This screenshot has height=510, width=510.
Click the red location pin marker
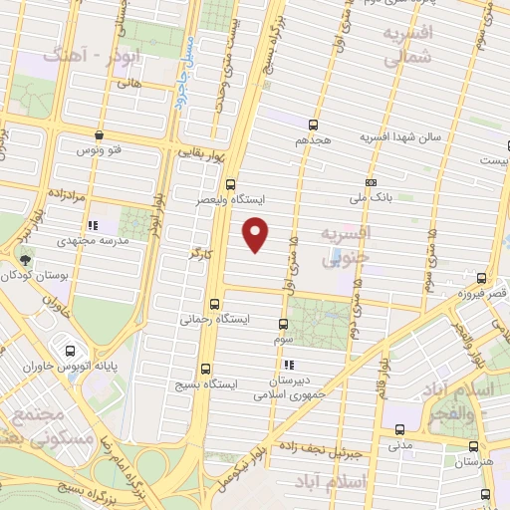pyautogui.click(x=257, y=233)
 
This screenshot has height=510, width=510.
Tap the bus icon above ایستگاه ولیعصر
pyautogui.click(x=231, y=183)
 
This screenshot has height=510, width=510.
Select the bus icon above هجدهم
pyautogui.click(x=314, y=125)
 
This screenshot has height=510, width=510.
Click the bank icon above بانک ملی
pyautogui.click(x=371, y=183)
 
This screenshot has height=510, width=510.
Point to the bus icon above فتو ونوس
pyautogui.click(x=99, y=134)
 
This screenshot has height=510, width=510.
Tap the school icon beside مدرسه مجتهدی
pyautogui.click(x=93, y=226)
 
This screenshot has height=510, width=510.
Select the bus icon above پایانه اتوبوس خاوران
pyautogui.click(x=71, y=351)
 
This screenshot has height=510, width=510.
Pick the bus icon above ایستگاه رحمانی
pyautogui.click(x=215, y=304)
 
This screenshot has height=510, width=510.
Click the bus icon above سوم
pyautogui.click(x=284, y=324)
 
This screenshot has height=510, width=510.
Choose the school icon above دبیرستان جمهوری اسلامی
pyautogui.click(x=289, y=367)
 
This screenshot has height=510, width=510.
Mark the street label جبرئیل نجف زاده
pyautogui.click(x=319, y=451)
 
